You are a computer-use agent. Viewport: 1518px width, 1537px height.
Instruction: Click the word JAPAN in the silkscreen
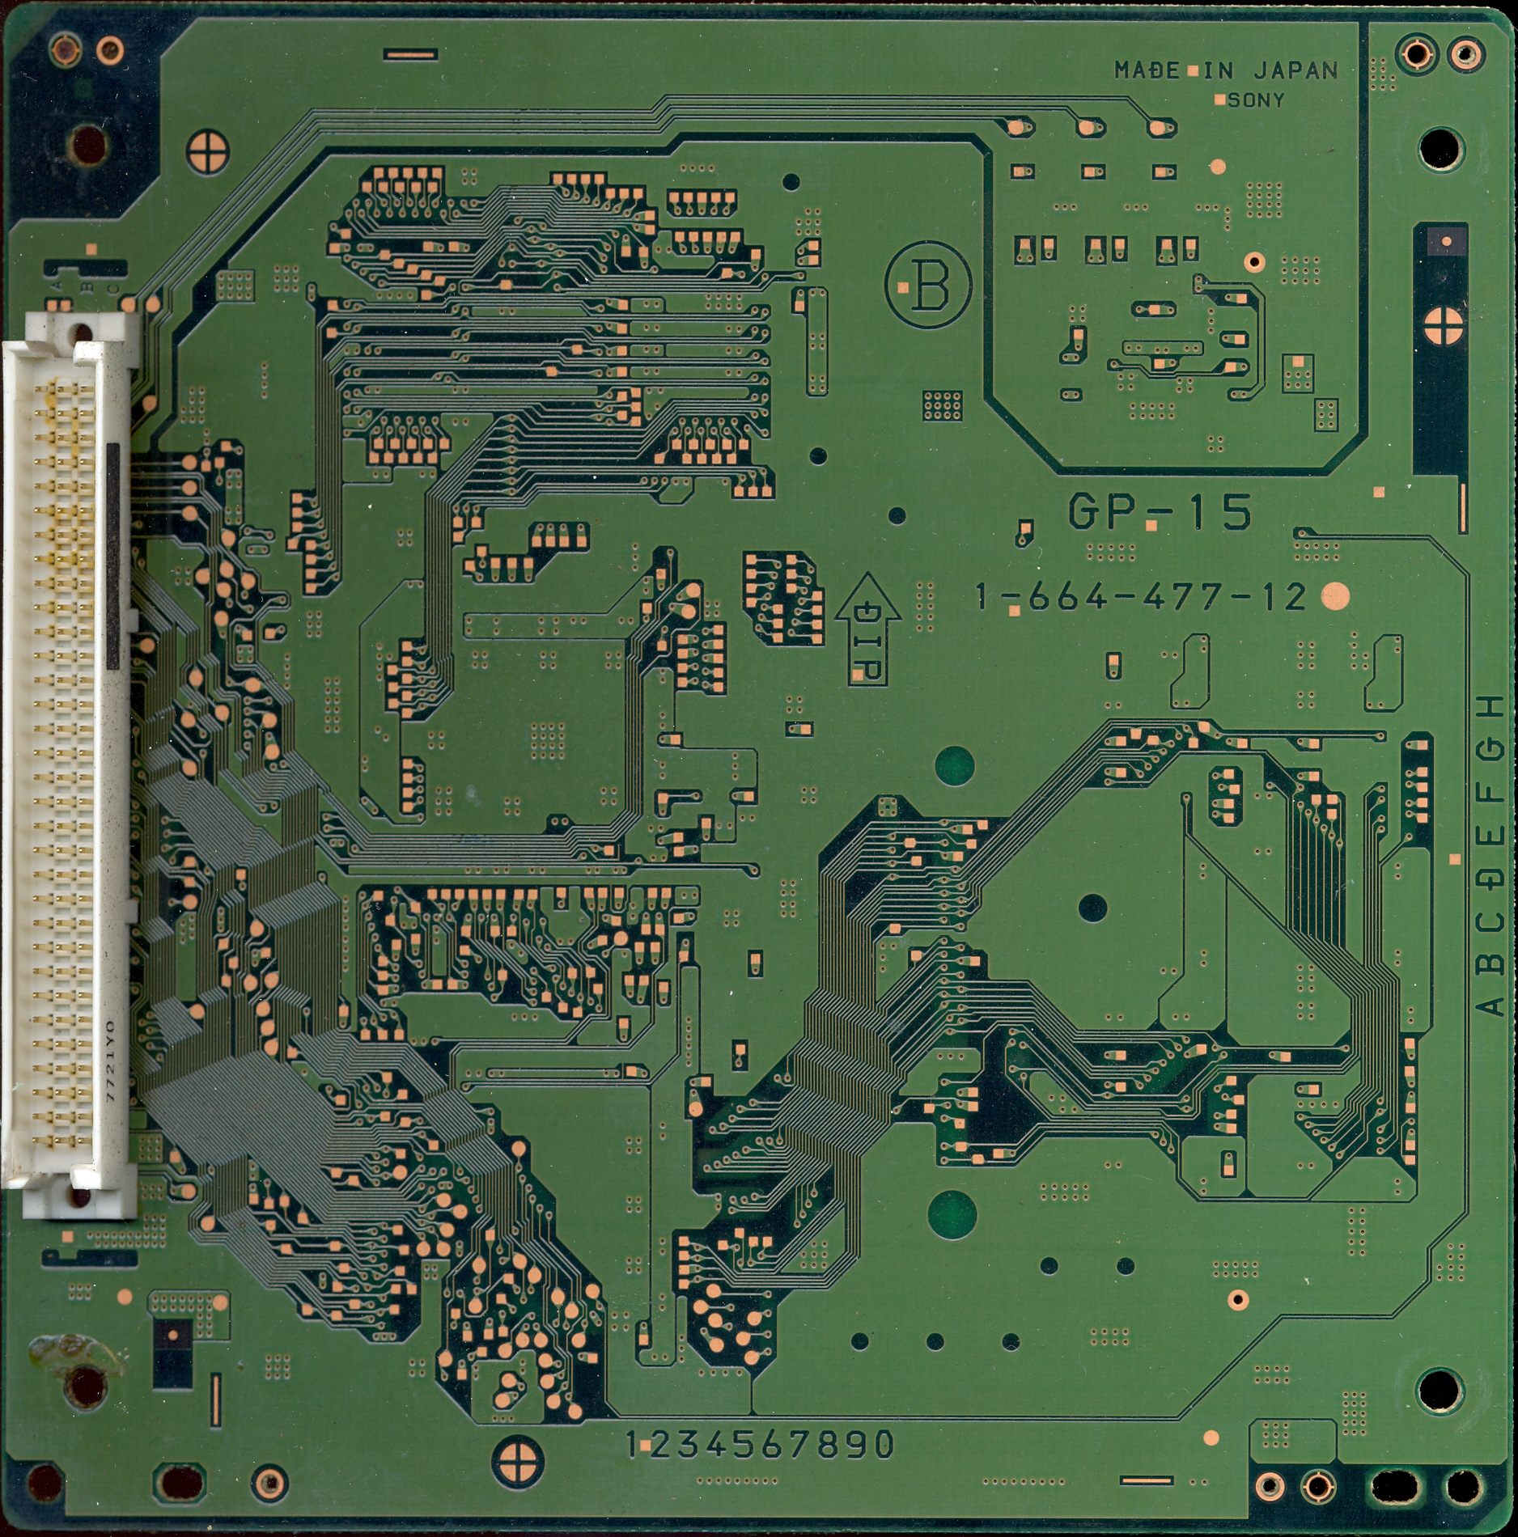click(x=1296, y=71)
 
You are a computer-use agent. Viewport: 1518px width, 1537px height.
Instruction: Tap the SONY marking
click(x=1256, y=100)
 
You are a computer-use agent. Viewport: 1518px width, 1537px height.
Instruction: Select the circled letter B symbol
click(x=929, y=286)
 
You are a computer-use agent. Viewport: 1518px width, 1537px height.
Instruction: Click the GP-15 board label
click(x=1160, y=512)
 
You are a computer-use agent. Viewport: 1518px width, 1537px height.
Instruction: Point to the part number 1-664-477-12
click(x=1141, y=597)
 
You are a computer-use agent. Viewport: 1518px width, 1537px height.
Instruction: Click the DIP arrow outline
click(x=867, y=629)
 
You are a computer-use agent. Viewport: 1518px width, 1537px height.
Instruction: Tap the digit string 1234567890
click(x=761, y=1444)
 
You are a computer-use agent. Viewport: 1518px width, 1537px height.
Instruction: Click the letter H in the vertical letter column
click(x=1490, y=708)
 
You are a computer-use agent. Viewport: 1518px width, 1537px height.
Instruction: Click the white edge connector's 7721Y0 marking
click(x=111, y=1061)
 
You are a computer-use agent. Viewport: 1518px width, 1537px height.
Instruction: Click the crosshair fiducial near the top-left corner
click(x=208, y=151)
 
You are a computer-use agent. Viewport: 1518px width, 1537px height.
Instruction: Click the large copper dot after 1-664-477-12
click(x=1335, y=597)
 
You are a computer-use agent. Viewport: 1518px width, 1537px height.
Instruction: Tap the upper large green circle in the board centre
click(x=955, y=765)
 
